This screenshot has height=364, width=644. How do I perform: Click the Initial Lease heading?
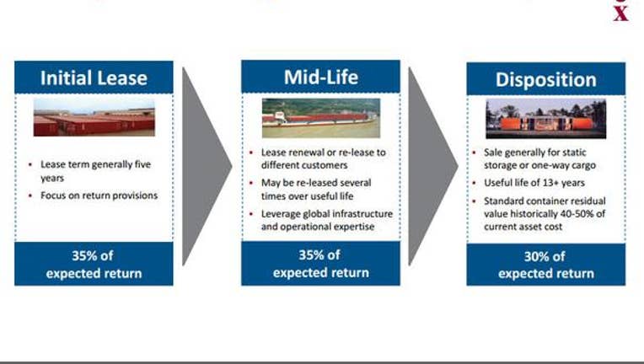pos(94,78)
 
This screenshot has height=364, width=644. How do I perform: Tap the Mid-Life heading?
pos(321,78)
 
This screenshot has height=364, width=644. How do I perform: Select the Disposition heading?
pos(546,79)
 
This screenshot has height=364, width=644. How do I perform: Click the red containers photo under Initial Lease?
pos(94,117)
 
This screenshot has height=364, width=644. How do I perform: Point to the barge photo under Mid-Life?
pos(321,118)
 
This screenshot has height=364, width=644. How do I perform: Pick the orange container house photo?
pos(546,119)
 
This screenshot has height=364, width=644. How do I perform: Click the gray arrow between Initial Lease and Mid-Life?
pos(207,166)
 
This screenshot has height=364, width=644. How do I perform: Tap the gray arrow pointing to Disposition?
pos(433,166)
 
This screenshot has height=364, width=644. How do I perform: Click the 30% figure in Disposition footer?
pos(534,257)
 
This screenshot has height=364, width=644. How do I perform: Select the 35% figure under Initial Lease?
pos(82,256)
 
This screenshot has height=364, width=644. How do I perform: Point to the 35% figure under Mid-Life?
pos(309,255)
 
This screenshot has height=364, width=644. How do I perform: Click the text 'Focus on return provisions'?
pos(99,195)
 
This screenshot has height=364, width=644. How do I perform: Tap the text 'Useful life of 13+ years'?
pos(534,183)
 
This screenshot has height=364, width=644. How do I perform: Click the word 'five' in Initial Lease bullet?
pos(142,164)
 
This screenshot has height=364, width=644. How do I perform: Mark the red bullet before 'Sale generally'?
pos(474,153)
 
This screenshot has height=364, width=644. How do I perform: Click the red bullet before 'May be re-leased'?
pos(251,183)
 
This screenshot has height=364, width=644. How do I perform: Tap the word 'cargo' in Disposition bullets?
pos(583,166)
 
